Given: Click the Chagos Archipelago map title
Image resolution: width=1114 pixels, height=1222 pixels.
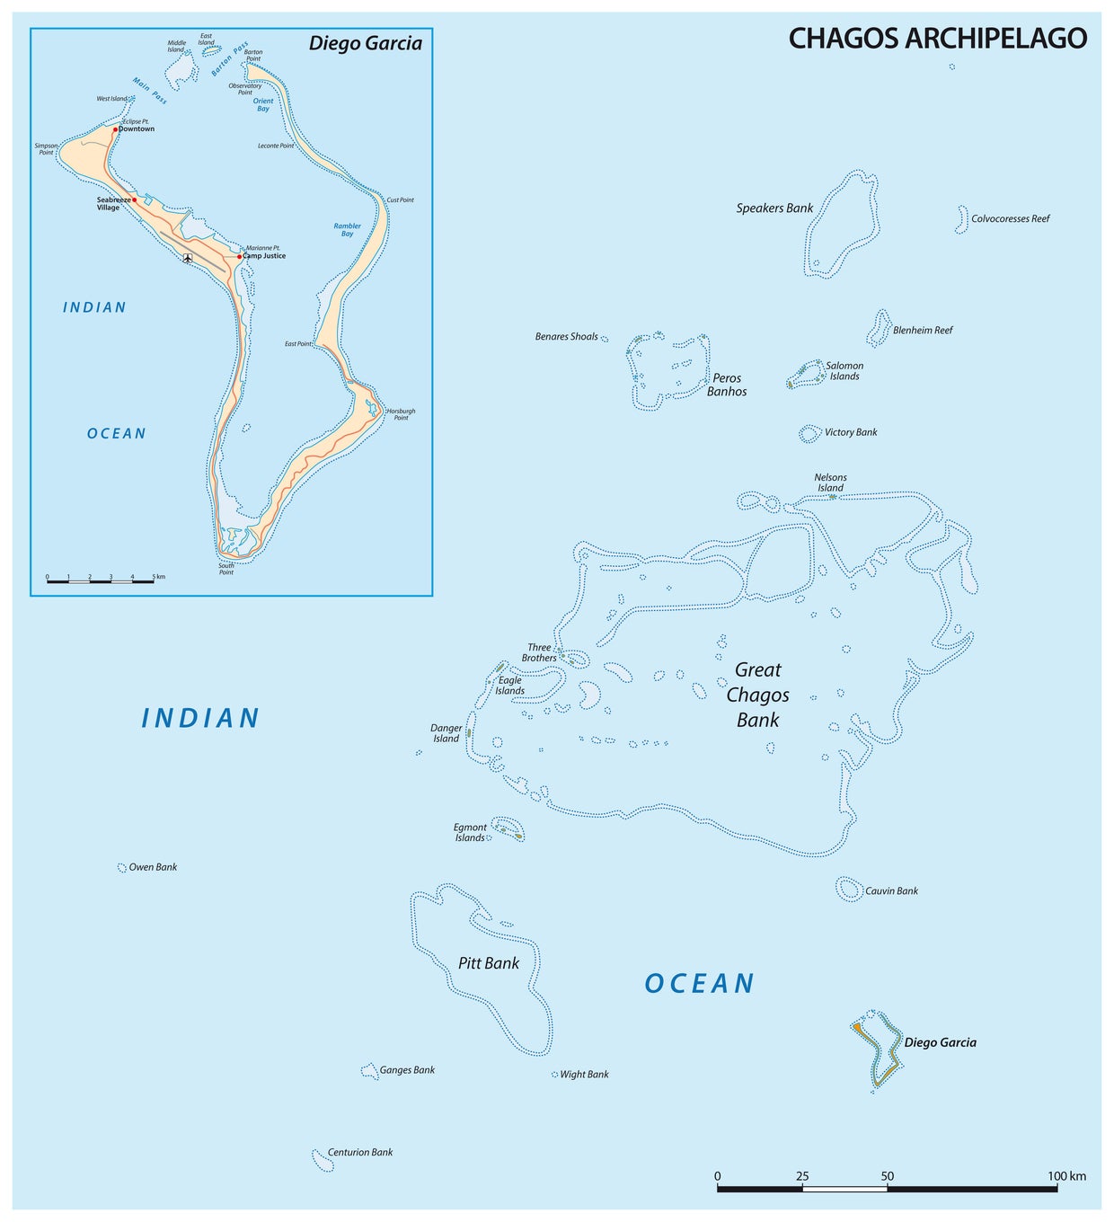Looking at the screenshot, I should (x=937, y=38).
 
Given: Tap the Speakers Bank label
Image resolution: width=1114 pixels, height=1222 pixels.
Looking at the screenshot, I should (x=774, y=208).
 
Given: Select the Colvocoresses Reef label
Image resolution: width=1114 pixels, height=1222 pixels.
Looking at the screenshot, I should (x=1010, y=219).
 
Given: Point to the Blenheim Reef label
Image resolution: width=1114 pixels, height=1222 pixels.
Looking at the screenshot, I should (x=923, y=331).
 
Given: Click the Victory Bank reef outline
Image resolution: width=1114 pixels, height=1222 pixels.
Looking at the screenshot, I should (x=809, y=434).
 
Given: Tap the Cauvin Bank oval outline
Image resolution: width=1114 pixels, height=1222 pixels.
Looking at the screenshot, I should (x=849, y=890).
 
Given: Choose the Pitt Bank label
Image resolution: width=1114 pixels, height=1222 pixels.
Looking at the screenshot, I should (x=489, y=963).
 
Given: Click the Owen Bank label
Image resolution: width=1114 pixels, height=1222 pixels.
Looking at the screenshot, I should (x=153, y=868).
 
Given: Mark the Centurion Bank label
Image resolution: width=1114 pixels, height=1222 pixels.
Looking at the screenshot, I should (x=360, y=1153).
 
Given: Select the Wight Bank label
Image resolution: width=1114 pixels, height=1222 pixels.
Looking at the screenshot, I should (x=584, y=1075).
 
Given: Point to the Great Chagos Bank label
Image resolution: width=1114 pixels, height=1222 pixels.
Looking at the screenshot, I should (x=758, y=695).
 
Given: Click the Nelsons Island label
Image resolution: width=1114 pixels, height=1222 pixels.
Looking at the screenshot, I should (x=830, y=483).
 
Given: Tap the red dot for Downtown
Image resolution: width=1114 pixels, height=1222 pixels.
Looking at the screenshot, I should (x=116, y=129).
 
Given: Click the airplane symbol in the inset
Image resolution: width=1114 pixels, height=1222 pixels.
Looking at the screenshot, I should (x=187, y=259).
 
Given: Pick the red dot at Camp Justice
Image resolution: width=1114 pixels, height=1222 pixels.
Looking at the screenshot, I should (x=240, y=256).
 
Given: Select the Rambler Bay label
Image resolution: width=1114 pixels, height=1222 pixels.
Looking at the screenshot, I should (x=348, y=230).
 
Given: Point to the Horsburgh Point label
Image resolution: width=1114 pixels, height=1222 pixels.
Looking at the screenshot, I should (x=401, y=414).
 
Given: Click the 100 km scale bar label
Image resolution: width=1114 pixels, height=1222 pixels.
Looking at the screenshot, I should (x=1066, y=1176).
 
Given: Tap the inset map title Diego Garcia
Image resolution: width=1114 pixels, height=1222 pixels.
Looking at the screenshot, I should (x=365, y=43).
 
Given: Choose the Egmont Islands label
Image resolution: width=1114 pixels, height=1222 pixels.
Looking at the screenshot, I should (x=470, y=833).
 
